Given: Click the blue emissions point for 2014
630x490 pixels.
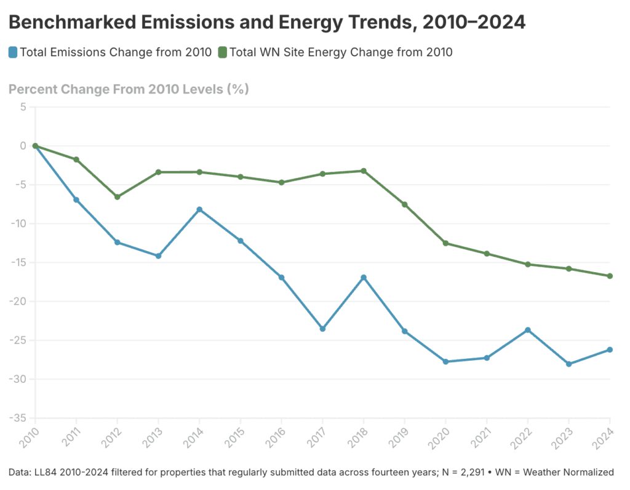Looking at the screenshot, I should [199, 209].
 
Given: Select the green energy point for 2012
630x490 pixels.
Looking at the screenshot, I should [117, 197].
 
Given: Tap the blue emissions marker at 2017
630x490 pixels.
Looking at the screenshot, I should [322, 329].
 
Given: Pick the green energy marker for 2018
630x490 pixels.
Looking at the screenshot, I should [364, 171].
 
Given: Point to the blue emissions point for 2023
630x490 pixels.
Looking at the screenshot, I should [568, 364].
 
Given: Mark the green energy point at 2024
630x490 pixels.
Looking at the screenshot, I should [610, 276].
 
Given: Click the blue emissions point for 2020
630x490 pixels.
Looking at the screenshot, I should [445, 361].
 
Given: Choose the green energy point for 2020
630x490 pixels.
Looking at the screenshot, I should [445, 243].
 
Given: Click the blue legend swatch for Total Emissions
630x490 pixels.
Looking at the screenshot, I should [13, 52].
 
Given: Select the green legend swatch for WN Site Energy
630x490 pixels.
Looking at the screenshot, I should [222, 52].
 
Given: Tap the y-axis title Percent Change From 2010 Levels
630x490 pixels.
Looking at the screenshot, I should [129, 89].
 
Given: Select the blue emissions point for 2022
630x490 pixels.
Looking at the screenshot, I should [527, 330].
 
